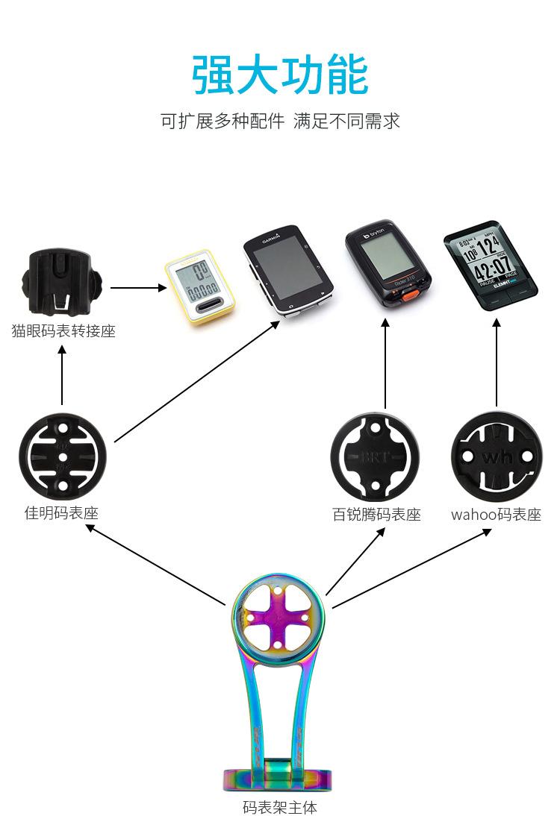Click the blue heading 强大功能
(x=280, y=75)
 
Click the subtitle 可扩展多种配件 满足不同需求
(x=280, y=122)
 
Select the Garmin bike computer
(x=287, y=273)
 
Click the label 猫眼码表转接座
(x=63, y=331)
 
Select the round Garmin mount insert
(x=63, y=456)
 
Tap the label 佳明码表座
(x=61, y=513)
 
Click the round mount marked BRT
(x=376, y=457)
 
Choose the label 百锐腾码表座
(x=376, y=515)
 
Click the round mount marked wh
(x=496, y=456)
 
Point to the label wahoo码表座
(x=496, y=515)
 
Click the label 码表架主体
(x=280, y=807)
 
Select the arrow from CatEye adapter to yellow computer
(x=139, y=287)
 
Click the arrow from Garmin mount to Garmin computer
(x=198, y=381)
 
